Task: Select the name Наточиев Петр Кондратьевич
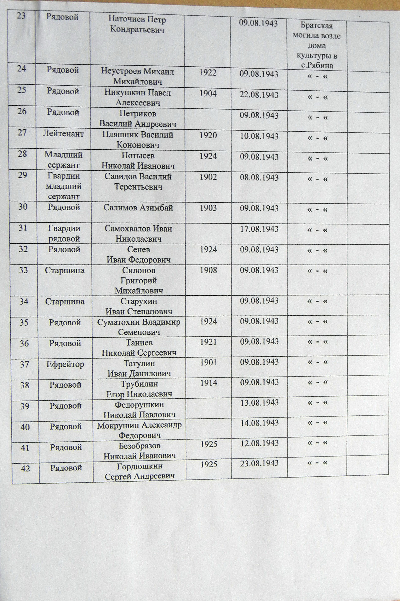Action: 137,24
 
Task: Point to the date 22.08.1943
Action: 259,95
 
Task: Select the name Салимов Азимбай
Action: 138,208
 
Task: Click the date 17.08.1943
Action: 259,229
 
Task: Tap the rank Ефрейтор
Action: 65,364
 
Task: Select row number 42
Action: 25,468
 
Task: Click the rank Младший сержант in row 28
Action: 63,160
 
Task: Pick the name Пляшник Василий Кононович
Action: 138,139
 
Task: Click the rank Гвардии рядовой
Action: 64,233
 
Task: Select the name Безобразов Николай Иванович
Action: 139,451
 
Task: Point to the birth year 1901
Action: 208,362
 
